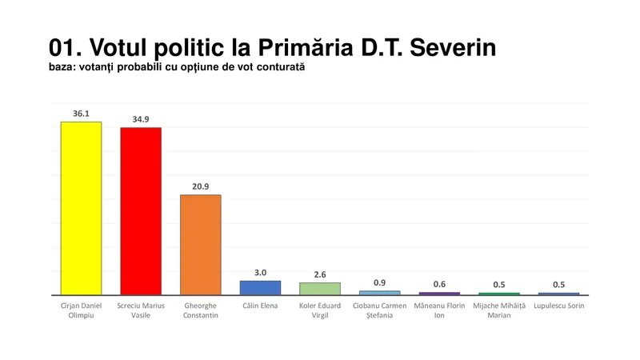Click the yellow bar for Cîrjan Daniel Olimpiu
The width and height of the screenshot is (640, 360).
pyautogui.click(x=81, y=208)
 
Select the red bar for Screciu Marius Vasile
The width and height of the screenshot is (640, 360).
pyautogui.click(x=141, y=211)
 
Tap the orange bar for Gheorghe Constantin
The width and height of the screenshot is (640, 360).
pyautogui.click(x=201, y=245)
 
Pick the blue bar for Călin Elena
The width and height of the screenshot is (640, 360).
pyautogui.click(x=260, y=287)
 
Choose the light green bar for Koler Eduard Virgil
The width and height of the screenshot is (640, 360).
pyautogui.click(x=320, y=288)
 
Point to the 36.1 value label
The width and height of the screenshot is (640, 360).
pyautogui.click(x=81, y=113)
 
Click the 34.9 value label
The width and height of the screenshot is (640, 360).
pyautogui.click(x=141, y=119)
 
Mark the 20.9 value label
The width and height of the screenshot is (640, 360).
pyautogui.click(x=201, y=186)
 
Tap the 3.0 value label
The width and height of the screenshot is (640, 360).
pyautogui.click(x=260, y=272)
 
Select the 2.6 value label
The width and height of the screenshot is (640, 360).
pyautogui.click(x=320, y=274)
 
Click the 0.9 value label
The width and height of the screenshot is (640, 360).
pyautogui.click(x=380, y=282)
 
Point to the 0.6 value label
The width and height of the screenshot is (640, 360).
pyautogui.click(x=439, y=284)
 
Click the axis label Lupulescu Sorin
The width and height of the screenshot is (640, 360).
pyautogui.click(x=558, y=306)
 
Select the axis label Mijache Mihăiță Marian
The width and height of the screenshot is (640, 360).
pyautogui.click(x=499, y=310)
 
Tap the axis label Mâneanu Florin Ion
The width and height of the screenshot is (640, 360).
pyautogui.click(x=439, y=310)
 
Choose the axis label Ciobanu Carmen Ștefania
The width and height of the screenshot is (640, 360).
pyautogui.click(x=380, y=310)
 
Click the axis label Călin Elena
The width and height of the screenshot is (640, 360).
pyautogui.click(x=260, y=306)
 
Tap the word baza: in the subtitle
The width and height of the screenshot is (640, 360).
pyautogui.click(x=64, y=67)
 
